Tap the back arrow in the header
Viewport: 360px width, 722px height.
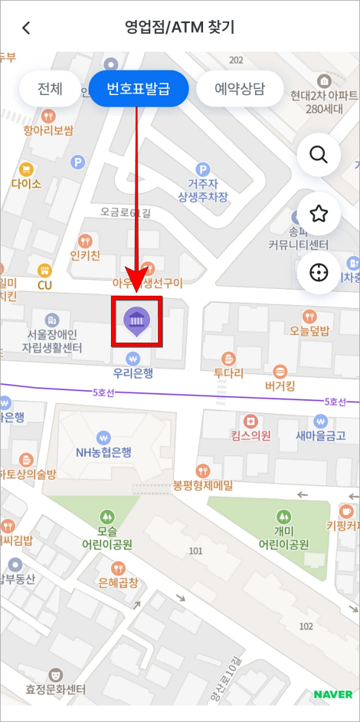[27, 28]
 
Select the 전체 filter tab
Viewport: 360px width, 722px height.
[49, 89]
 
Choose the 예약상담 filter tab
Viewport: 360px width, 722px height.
[240, 89]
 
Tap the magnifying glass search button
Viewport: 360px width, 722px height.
[318, 155]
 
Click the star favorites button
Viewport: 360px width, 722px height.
[318, 214]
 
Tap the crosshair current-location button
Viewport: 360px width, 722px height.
[318, 273]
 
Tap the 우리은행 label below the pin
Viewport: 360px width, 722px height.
[133, 373]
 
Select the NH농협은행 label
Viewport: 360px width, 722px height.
[104, 451]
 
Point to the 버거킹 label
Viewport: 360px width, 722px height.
[280, 386]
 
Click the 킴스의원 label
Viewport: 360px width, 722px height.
[250, 435]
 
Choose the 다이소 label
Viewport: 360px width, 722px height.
[27, 183]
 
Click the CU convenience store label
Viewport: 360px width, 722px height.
[44, 285]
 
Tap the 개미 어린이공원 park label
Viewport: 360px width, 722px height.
[283, 538]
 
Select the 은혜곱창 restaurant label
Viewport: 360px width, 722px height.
[118, 583]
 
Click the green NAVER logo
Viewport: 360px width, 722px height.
[332, 695]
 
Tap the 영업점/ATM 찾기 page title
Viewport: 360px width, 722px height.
[179, 28]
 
